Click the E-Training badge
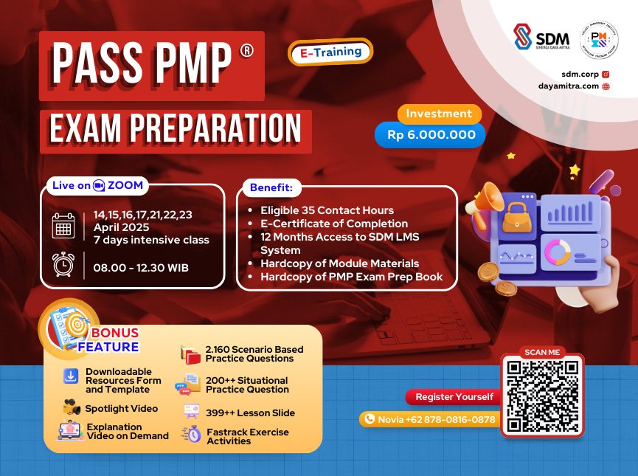(330, 52)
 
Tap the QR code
(541, 396)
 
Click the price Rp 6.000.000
(431, 135)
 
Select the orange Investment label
(439, 114)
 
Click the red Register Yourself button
(454, 397)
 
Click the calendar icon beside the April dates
(63, 226)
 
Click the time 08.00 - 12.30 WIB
(141, 266)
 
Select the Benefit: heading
(271, 188)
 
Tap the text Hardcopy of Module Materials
(339, 263)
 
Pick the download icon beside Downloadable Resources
(70, 376)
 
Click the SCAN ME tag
(541, 352)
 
